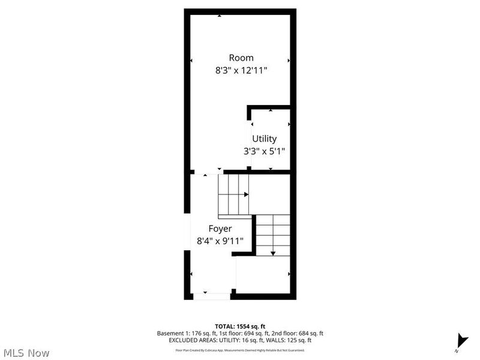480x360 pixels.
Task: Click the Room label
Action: click(241, 58)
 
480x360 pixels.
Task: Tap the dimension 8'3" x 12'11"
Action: click(241, 70)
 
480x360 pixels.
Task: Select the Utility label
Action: click(264, 139)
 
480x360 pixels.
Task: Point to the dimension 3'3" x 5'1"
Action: click(264, 151)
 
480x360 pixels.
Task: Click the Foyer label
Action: click(220, 229)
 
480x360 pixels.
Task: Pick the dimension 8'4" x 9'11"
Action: click(220, 241)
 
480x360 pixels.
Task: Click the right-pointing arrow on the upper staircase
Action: click(245, 194)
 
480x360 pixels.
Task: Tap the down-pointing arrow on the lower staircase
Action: click(273, 253)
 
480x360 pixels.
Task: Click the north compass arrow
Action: click(461, 340)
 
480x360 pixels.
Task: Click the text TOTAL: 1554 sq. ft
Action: click(239, 326)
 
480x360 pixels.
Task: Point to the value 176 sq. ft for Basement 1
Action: click(208, 333)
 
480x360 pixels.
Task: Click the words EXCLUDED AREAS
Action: click(195, 340)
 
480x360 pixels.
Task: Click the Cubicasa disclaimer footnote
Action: click(239, 349)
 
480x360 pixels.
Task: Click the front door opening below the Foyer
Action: click(211, 295)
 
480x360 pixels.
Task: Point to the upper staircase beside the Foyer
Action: click(233, 194)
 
